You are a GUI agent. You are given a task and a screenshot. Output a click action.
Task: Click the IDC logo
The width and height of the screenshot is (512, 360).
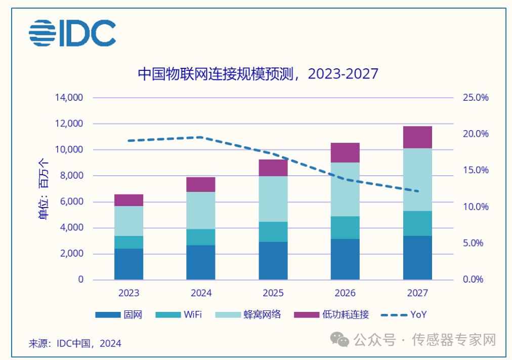(72, 33)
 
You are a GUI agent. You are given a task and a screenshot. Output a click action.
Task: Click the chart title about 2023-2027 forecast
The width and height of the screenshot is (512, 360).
(258, 74)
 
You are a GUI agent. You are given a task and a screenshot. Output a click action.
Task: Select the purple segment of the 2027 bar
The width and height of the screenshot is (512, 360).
(417, 137)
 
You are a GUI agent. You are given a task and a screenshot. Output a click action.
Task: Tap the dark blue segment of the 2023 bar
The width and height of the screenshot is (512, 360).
(129, 264)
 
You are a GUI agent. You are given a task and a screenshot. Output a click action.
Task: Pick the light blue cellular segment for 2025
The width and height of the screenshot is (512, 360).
(273, 199)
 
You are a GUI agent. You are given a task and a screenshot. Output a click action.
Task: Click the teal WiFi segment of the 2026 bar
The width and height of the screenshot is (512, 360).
(345, 227)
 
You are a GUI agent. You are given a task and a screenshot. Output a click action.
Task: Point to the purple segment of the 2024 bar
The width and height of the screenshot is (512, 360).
(201, 184)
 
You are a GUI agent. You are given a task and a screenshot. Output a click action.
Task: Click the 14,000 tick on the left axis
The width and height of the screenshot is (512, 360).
(68, 98)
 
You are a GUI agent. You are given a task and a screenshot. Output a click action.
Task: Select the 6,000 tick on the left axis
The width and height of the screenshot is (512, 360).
(71, 202)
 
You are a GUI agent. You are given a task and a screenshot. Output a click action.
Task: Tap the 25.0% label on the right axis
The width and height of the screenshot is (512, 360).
(476, 98)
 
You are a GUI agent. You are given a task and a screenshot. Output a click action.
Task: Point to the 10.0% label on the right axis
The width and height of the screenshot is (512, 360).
(476, 207)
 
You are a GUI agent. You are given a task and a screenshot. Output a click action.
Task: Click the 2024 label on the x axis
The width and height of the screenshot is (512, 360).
(201, 293)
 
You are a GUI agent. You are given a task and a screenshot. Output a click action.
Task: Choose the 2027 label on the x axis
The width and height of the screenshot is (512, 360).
(417, 293)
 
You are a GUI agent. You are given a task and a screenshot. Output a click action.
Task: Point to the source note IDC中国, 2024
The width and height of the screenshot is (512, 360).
(75, 343)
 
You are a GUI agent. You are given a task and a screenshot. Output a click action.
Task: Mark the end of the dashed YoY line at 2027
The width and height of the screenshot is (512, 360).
(417, 191)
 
